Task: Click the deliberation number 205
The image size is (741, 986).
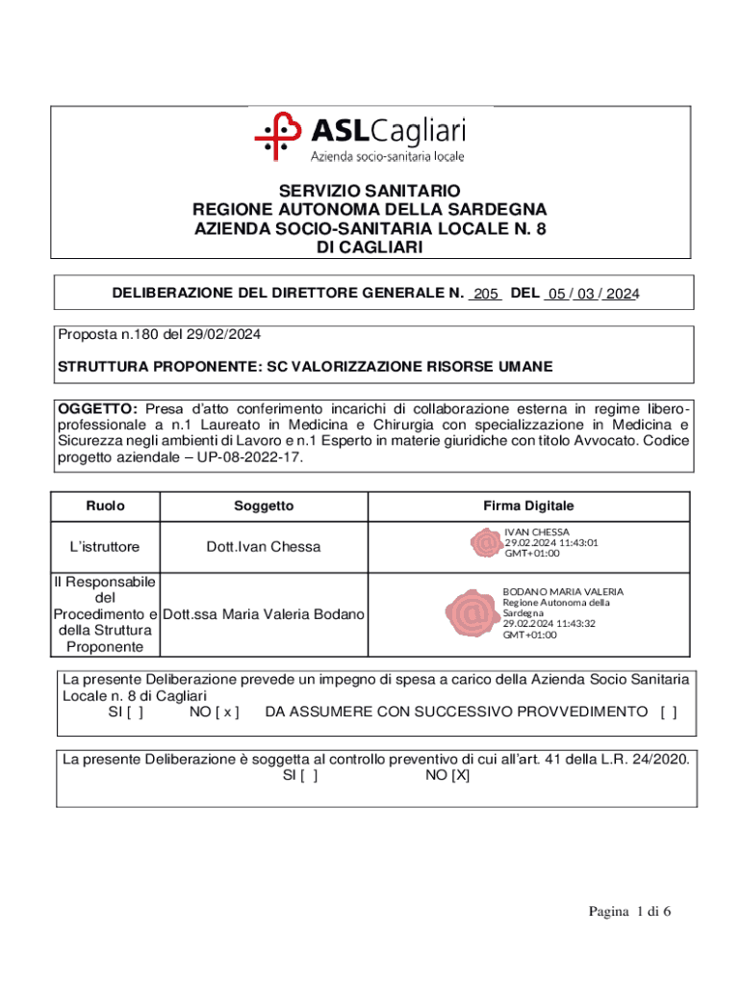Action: [485, 295]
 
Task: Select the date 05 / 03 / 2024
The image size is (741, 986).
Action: [591, 295]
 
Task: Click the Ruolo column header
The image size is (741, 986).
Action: [105, 506]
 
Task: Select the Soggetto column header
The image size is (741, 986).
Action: [264, 506]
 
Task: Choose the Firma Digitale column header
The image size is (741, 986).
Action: [528, 506]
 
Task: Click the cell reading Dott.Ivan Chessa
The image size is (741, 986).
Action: [264, 547]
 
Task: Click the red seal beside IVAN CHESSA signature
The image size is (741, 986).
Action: [484, 543]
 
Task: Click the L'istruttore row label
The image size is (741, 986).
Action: [105, 547]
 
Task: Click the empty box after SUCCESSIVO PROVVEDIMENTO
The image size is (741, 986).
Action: [668, 712]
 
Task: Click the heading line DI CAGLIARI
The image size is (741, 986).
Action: [370, 247]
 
